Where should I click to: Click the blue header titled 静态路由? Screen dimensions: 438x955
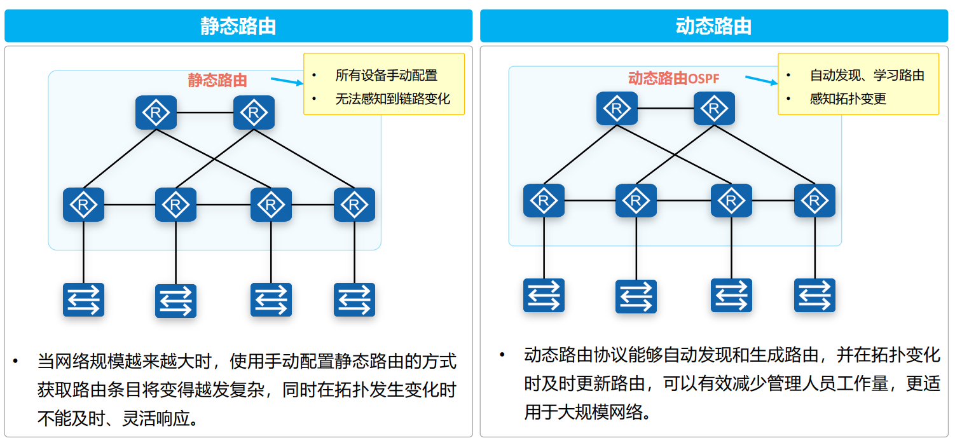coord(238,26)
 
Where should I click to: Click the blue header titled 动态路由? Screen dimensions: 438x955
coord(713,26)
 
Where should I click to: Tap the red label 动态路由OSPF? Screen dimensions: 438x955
coord(673,78)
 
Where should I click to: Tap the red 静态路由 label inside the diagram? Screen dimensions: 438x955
coord(217,80)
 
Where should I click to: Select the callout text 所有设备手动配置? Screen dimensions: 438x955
coord(387,76)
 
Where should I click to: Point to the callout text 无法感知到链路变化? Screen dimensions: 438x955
coord(393,99)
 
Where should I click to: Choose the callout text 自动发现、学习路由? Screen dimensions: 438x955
coord(867,76)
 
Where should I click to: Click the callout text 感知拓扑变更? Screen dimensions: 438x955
coord(848,99)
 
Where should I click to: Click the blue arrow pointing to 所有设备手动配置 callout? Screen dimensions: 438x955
coord(287,81)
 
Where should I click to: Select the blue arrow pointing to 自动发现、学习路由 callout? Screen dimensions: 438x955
coord(761,79)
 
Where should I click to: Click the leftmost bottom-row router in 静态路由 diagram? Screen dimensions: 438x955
coord(83,204)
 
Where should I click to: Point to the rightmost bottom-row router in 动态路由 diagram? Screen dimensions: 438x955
coord(814,200)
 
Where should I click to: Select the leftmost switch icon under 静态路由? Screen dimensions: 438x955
coord(83,300)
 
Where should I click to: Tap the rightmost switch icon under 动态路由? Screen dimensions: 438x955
coord(814,296)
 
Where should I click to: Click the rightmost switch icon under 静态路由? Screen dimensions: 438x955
coord(354,300)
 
